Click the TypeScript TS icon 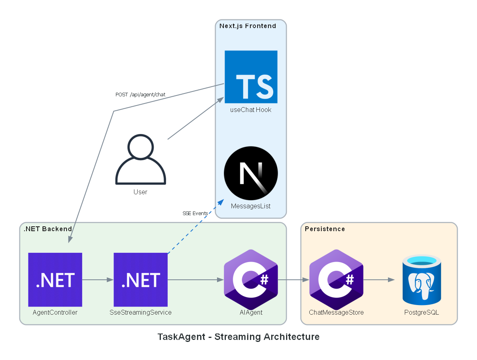251,77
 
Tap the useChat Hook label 251,110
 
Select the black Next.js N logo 251,173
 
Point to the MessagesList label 251,206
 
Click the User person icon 140,160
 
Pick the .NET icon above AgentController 55,279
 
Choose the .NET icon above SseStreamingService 140,279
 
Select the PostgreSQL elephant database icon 422,279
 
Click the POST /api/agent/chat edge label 140,95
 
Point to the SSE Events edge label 195,213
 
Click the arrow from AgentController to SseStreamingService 98,280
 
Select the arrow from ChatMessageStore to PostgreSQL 379,280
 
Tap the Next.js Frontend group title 248,26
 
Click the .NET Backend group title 48,229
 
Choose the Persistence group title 325,229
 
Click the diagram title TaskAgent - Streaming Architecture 238,337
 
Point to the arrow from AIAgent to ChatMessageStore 293,280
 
